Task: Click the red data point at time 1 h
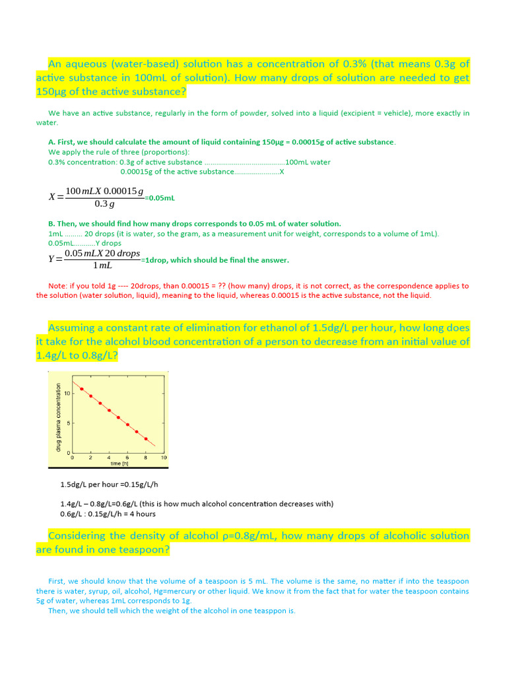(82, 389)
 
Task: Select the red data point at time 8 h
(146, 439)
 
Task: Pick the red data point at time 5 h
(119, 417)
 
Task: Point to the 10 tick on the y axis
(67, 394)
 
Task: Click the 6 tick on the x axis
(127, 457)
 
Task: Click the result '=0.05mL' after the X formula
(160, 197)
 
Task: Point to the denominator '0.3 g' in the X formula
(104, 204)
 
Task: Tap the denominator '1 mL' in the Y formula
(102, 265)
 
